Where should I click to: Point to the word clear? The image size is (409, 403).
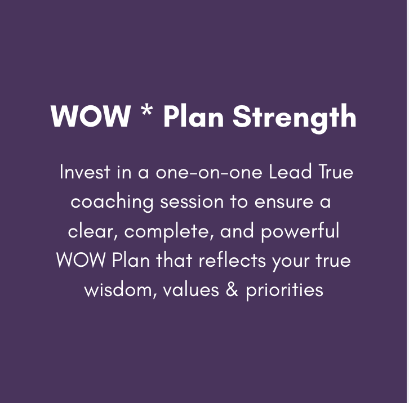[92, 231]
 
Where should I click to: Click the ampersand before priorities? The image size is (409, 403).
[232, 290]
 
